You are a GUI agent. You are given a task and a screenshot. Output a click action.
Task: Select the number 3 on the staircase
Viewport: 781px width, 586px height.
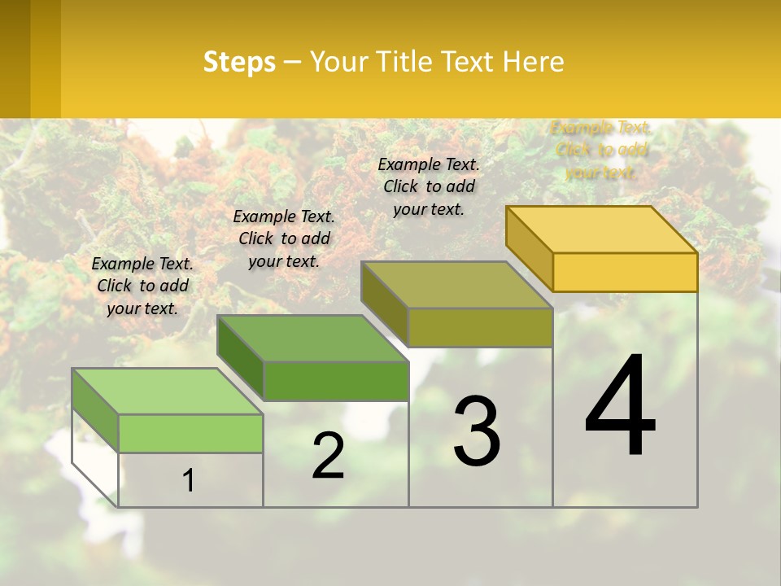(477, 431)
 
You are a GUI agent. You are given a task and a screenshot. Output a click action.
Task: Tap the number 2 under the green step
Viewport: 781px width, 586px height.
(328, 456)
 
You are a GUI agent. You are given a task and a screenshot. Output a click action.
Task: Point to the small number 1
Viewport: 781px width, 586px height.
(188, 481)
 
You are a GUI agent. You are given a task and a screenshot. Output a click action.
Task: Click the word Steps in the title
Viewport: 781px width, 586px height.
(239, 62)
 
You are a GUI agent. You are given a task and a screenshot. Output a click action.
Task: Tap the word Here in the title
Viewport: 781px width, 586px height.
(534, 62)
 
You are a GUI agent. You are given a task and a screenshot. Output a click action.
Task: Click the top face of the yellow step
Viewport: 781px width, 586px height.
(602, 229)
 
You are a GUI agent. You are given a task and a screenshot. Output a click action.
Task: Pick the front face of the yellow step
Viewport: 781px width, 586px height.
(625, 272)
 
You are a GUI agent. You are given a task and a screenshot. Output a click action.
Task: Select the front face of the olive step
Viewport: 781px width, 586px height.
(480, 327)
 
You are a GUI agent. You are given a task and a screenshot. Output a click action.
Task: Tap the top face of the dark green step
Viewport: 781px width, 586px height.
(312, 338)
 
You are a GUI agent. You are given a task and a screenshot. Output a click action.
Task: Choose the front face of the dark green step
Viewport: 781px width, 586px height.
(335, 381)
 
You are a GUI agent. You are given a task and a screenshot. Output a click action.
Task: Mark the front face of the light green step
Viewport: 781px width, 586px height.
(190, 433)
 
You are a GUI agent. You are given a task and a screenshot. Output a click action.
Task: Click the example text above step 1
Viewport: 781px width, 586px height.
(142, 286)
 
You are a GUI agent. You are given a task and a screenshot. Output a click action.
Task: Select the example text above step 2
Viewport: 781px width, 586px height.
(284, 238)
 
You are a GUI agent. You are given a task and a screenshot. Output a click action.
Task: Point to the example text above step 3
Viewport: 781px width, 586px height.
(429, 186)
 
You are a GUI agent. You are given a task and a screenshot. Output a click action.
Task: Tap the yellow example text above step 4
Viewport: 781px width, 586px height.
(600, 150)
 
